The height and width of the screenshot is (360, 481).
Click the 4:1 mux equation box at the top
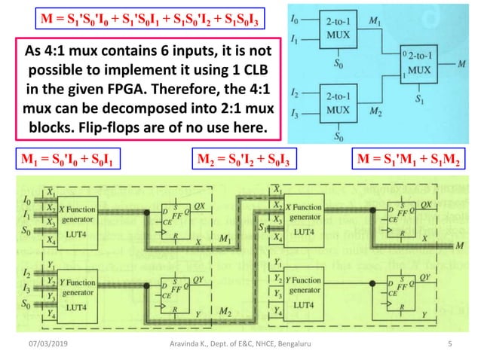tap(152, 19)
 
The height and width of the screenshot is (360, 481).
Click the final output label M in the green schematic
tap(459, 246)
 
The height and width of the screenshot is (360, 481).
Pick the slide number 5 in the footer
tap(449, 345)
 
